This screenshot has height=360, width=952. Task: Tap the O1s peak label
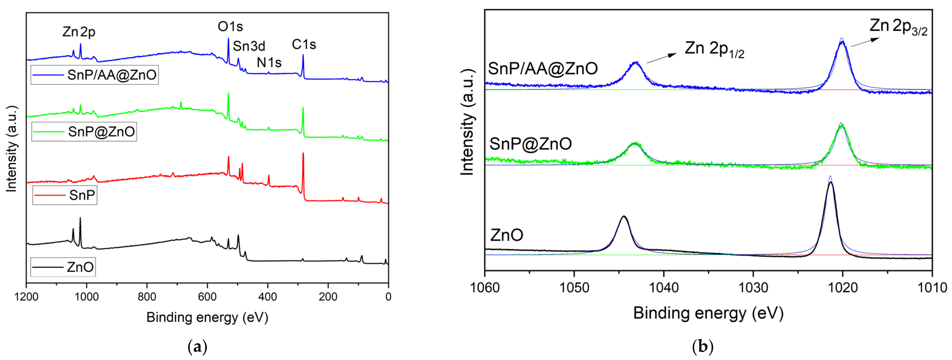tap(230, 27)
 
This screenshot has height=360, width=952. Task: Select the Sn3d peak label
tap(249, 46)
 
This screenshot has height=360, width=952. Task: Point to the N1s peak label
tap(269, 63)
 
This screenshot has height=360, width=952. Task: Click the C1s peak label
tap(304, 45)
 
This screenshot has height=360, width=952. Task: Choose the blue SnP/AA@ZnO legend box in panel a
tap(95, 75)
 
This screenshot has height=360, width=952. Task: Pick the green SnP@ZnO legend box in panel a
tap(84, 132)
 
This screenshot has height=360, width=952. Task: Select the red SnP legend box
tap(65, 195)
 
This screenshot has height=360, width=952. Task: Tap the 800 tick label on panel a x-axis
tap(147, 297)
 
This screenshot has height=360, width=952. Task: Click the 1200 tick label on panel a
tap(26, 297)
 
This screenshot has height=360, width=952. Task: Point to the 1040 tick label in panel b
tap(664, 287)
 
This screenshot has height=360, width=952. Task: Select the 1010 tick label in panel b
tap(931, 287)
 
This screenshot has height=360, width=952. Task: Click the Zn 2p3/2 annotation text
tap(898, 27)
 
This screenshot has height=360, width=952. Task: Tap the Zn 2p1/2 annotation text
tap(714, 49)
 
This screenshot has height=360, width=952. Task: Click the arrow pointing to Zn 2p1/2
tap(661, 58)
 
